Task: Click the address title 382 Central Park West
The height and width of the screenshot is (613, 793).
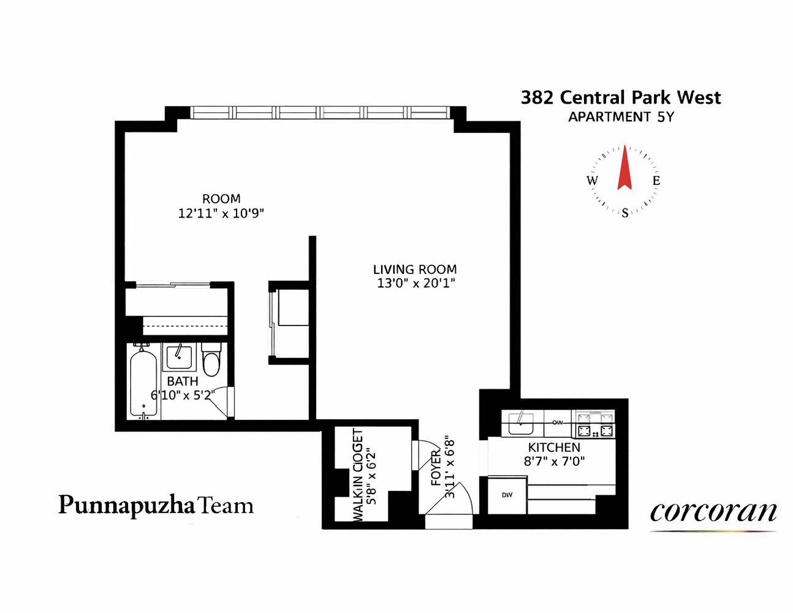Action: coord(620,97)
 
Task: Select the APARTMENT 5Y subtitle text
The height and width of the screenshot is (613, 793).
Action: coord(620,117)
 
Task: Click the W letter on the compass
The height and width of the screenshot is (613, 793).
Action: coord(592,180)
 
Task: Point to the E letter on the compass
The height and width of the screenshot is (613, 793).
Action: coord(656,180)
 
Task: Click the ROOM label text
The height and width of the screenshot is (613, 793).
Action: coord(221,199)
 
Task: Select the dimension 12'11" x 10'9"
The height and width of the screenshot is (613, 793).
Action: coord(221,213)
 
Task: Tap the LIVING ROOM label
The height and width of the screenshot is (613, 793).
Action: coord(415,269)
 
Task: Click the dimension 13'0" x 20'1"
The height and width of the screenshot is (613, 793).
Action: coord(416,283)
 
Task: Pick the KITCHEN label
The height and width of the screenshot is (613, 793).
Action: coord(554,447)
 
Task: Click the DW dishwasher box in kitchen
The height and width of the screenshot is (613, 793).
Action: coord(507,495)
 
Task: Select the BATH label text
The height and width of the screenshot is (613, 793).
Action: coord(183,381)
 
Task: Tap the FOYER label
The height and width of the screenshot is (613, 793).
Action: coord(436,467)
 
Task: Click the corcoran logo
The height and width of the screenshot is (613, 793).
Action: coord(713,512)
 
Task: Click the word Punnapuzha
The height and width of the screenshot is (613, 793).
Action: coord(127,506)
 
